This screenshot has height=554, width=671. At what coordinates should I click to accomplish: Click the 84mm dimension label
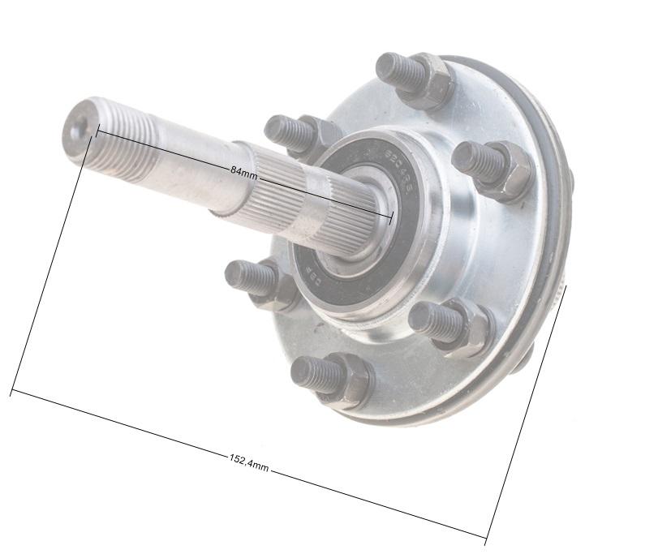[x=243, y=171]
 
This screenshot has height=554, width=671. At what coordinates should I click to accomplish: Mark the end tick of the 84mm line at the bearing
[x=391, y=217]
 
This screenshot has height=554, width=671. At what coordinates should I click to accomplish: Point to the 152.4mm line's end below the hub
[x=486, y=538]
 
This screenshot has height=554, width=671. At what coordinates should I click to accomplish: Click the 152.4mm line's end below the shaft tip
[x=11, y=393]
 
